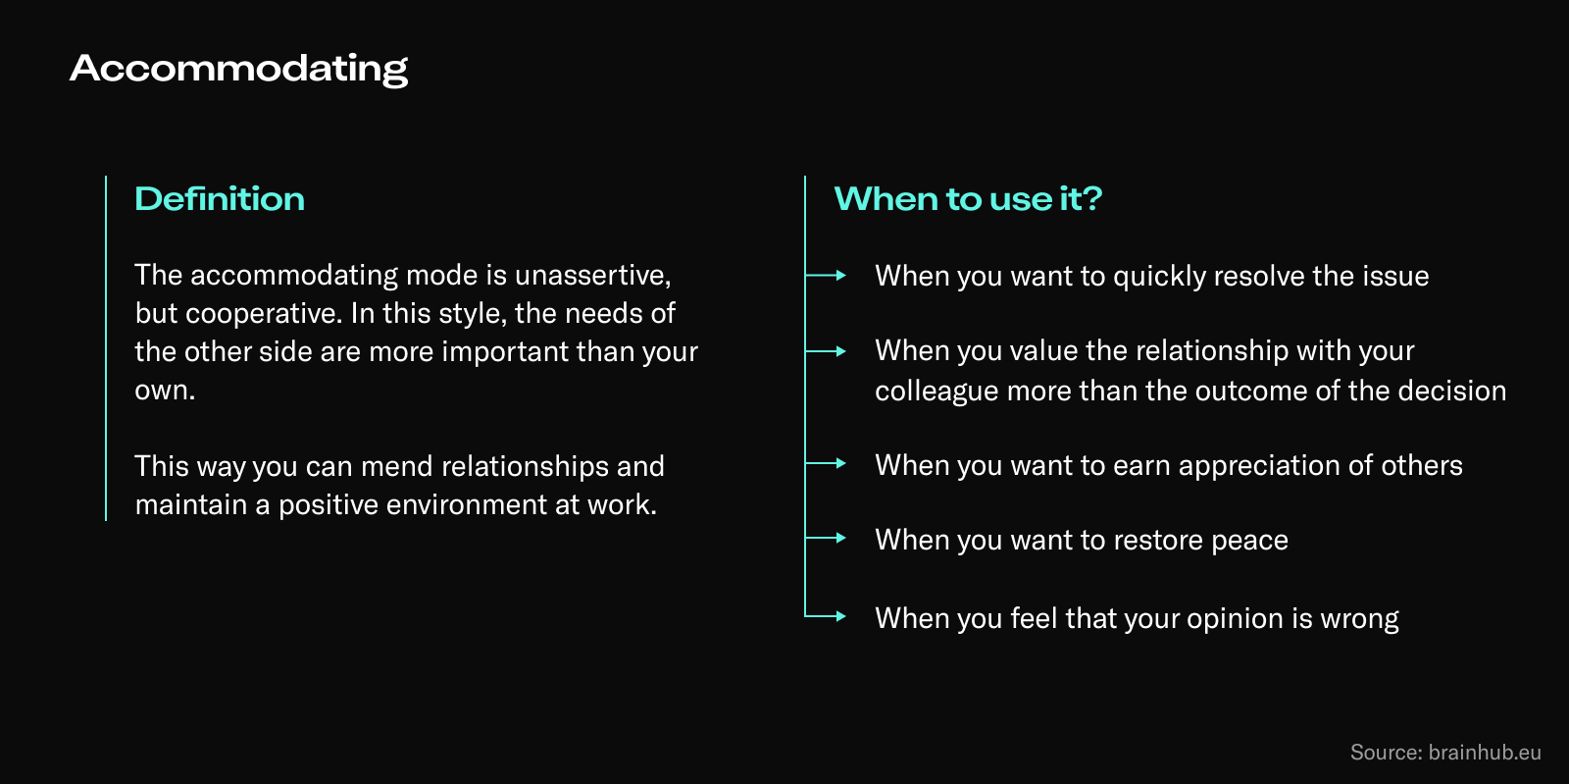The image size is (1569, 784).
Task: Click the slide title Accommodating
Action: click(238, 68)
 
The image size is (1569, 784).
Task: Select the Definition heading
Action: click(220, 198)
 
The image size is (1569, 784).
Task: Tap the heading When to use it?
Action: click(968, 198)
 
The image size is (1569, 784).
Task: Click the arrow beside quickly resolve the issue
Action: click(827, 276)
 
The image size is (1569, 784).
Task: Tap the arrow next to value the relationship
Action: click(827, 350)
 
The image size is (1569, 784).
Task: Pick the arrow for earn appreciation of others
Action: click(827, 463)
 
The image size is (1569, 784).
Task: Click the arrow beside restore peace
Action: click(827, 538)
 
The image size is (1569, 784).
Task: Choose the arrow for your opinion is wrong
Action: click(827, 616)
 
